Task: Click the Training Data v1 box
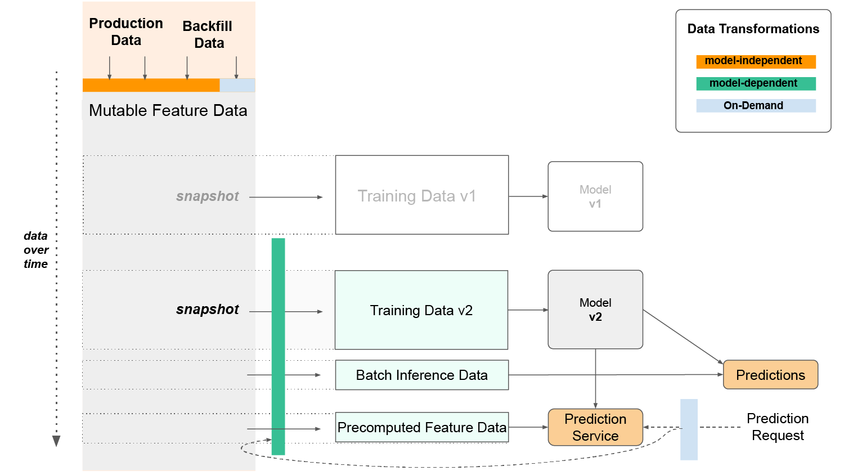[x=421, y=195]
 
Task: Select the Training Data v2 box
[x=421, y=310]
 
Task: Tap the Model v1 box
[x=595, y=196]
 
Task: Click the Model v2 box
[x=595, y=310]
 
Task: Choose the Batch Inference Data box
[x=421, y=375]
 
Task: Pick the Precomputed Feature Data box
[x=421, y=427]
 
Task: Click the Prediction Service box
[x=595, y=427]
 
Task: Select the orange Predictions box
[x=770, y=375]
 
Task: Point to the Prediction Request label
[x=778, y=427]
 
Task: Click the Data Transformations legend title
[x=753, y=29]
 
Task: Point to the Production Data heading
[x=126, y=32]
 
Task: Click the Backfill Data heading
[x=208, y=34]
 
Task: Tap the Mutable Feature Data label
[x=168, y=110]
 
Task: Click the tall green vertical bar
[x=278, y=346]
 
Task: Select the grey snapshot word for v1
[x=207, y=196]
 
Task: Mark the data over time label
[x=36, y=250]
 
